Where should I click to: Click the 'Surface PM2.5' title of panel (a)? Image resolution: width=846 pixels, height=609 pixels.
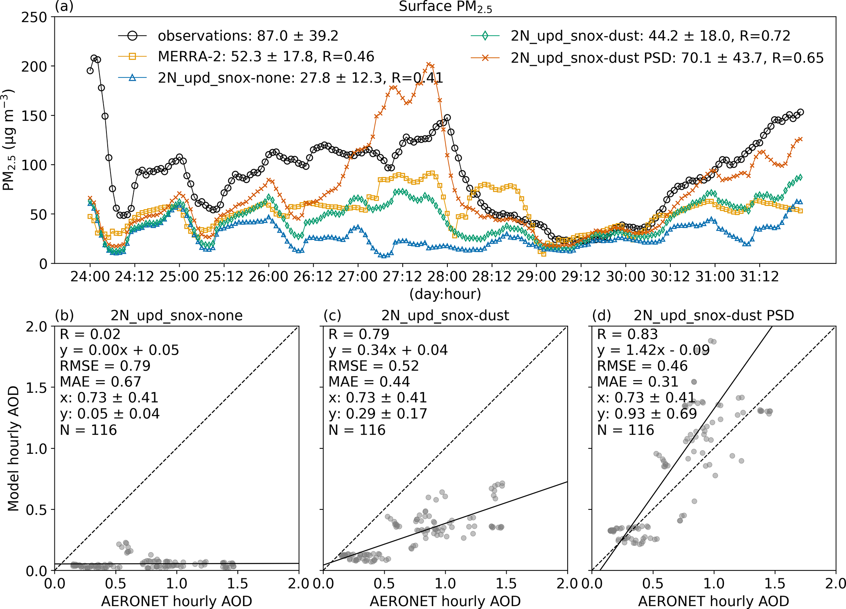coord(445,7)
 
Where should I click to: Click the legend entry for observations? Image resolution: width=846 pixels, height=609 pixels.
coord(248,36)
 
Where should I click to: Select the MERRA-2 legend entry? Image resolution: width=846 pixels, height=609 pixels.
coord(266,57)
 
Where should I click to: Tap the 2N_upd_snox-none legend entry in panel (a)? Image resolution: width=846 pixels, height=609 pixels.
coord(300,77)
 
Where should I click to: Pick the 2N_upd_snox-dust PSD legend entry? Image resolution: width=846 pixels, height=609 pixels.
coord(667,58)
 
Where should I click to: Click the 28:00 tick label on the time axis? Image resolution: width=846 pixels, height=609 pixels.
coord(447,277)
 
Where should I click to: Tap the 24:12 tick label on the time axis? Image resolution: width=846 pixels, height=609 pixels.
coord(134,277)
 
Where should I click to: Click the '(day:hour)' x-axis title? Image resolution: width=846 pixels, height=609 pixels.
coord(445,294)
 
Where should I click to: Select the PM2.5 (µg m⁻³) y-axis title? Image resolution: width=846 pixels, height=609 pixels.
coord(9,140)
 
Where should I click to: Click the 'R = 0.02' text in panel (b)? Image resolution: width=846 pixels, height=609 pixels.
coord(90,335)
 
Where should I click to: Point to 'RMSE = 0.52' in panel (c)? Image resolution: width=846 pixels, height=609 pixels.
coord(374,366)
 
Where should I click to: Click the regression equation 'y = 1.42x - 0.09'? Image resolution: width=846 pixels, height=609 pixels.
coord(653,351)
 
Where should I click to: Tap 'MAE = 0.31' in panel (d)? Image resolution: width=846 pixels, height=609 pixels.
coord(638,382)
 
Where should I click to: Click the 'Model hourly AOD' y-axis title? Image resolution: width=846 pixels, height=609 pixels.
coord(14,448)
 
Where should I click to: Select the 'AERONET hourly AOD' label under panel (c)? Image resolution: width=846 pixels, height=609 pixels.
coord(445,601)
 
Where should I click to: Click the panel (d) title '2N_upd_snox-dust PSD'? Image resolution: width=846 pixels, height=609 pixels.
coord(714,315)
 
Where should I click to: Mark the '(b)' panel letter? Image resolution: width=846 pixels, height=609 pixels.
coord(64,315)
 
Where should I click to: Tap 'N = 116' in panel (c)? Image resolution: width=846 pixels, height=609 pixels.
coord(357,430)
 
